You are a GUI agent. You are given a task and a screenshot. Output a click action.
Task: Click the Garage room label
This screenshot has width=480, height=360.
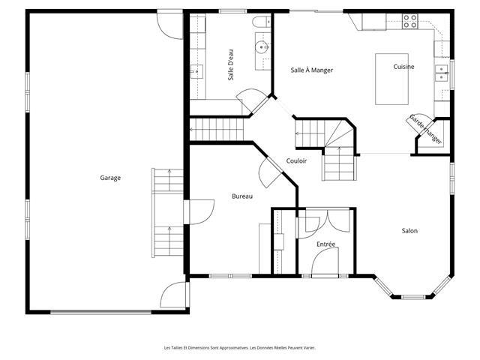coord(110,178)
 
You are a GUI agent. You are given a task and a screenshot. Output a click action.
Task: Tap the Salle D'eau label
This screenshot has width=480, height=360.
coord(231,65)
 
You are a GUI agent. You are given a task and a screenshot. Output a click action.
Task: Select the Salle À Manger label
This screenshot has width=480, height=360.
coord(312,70)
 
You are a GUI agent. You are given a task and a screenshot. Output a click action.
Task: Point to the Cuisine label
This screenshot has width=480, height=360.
coord(403,67)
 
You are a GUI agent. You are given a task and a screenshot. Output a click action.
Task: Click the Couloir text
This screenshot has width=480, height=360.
coord(296,160)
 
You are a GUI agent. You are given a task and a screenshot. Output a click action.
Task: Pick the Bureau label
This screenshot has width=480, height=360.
coord(242,196)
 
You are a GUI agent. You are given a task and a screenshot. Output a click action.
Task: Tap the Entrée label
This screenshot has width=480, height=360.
coord(325,244)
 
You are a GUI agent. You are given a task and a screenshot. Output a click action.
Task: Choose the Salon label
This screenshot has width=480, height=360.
coord(409,231)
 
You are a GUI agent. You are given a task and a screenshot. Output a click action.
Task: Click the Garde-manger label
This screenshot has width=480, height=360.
coord(426,129)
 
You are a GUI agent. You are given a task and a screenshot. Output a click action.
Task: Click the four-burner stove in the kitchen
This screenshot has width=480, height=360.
coord(410,21)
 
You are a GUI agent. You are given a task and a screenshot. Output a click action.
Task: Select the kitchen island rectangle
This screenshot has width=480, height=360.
coord(391,79)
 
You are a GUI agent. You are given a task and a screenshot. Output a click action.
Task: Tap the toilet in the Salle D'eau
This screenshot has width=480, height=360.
coord(261,22)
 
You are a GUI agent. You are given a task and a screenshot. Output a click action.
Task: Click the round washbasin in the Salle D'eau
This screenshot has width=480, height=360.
coord(262,47)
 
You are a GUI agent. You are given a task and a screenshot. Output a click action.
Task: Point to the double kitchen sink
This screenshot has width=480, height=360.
coord(442,73)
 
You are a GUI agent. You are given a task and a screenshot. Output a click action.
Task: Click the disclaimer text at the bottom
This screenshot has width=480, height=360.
coord(240,348)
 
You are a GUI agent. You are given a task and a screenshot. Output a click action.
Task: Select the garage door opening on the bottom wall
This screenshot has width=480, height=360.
coord(101,312)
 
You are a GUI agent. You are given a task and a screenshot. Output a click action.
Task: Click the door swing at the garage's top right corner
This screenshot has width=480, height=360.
coord(169,25)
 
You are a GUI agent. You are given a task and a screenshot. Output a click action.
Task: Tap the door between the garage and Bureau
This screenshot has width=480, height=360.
coord(199,212)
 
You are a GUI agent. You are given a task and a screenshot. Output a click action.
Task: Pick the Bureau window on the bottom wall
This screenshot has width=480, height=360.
coord(230,276)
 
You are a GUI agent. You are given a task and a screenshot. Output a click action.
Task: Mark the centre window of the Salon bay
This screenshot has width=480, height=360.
coord(413,297)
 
